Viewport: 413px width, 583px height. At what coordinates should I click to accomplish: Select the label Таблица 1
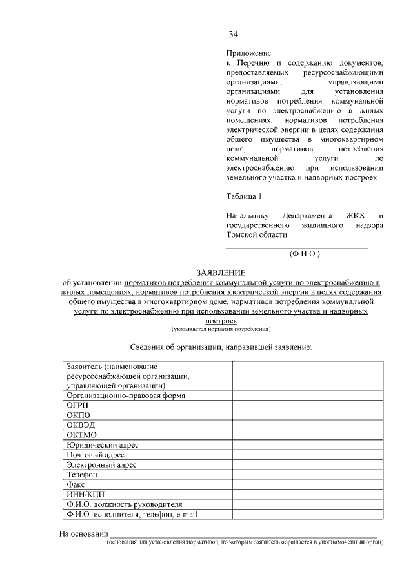tap(245, 196)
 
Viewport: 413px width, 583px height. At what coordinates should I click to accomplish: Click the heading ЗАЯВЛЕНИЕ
tap(221, 274)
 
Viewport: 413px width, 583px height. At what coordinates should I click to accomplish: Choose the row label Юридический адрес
tap(102, 445)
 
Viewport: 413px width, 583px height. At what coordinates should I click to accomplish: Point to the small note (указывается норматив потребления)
tap(221, 329)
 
